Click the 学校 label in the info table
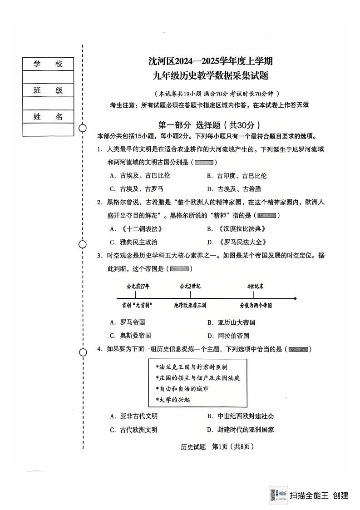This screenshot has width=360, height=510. [x=48, y=64]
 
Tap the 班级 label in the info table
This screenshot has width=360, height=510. [x=48, y=90]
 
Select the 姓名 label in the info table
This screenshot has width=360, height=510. [x=48, y=117]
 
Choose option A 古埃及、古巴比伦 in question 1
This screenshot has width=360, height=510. [x=139, y=176]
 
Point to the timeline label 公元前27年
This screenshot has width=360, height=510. [x=138, y=286]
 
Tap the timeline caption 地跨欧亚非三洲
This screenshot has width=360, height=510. [x=190, y=306]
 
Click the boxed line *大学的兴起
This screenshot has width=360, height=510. [x=173, y=400]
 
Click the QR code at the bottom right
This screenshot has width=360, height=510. [x=278, y=495]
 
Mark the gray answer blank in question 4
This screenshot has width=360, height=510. [x=298, y=349]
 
